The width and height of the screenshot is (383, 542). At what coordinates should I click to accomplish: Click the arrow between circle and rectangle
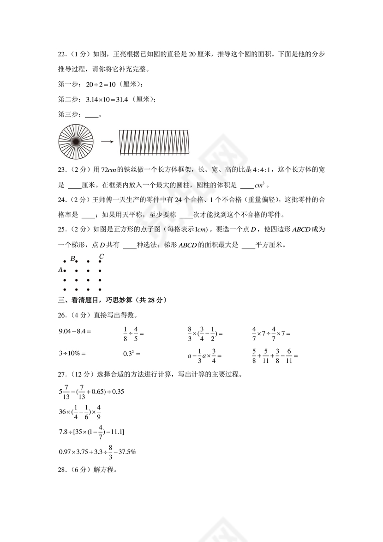(x=107, y=142)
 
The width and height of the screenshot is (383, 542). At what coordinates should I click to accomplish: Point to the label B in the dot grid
(x=72, y=259)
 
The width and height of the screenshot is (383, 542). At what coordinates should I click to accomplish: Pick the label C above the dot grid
(x=102, y=256)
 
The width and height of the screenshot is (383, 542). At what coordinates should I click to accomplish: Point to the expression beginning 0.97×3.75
(x=97, y=452)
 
